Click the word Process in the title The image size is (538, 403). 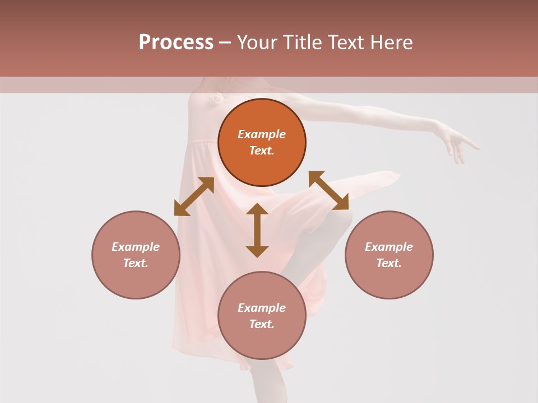click(176, 43)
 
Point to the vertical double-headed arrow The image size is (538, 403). click(257, 230)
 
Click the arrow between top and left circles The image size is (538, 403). click(194, 196)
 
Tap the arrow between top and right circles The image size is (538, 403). click(328, 190)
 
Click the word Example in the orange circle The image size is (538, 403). click(262, 134)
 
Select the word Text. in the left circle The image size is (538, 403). click(136, 263)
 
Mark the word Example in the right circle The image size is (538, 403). click(389, 247)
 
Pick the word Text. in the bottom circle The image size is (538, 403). click(262, 324)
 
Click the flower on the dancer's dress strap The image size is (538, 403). click(215, 98)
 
